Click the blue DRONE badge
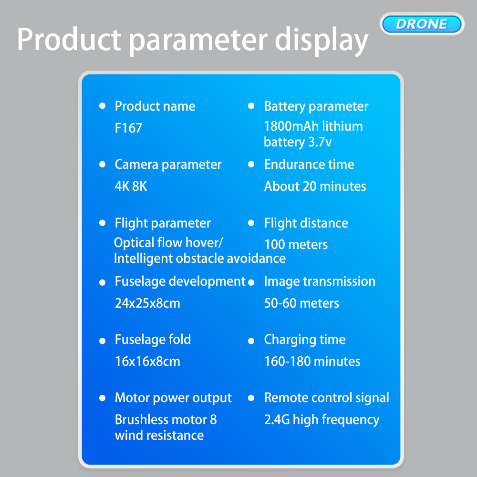click(422, 24)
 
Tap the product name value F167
click(128, 128)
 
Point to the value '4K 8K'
click(131, 186)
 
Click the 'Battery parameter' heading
click(316, 106)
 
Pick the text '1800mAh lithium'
click(313, 126)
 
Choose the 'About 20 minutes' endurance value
click(315, 186)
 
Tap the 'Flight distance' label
click(306, 223)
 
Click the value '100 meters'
click(296, 245)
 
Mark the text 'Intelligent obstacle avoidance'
click(199, 259)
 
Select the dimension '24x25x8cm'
click(147, 303)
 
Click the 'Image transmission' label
click(320, 281)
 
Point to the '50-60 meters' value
click(302, 303)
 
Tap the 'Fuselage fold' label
click(153, 340)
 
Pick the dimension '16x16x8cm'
click(147, 362)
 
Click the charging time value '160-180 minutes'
click(312, 362)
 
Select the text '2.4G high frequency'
click(322, 420)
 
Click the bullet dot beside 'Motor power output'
click(102, 398)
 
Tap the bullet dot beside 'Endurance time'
click(251, 165)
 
